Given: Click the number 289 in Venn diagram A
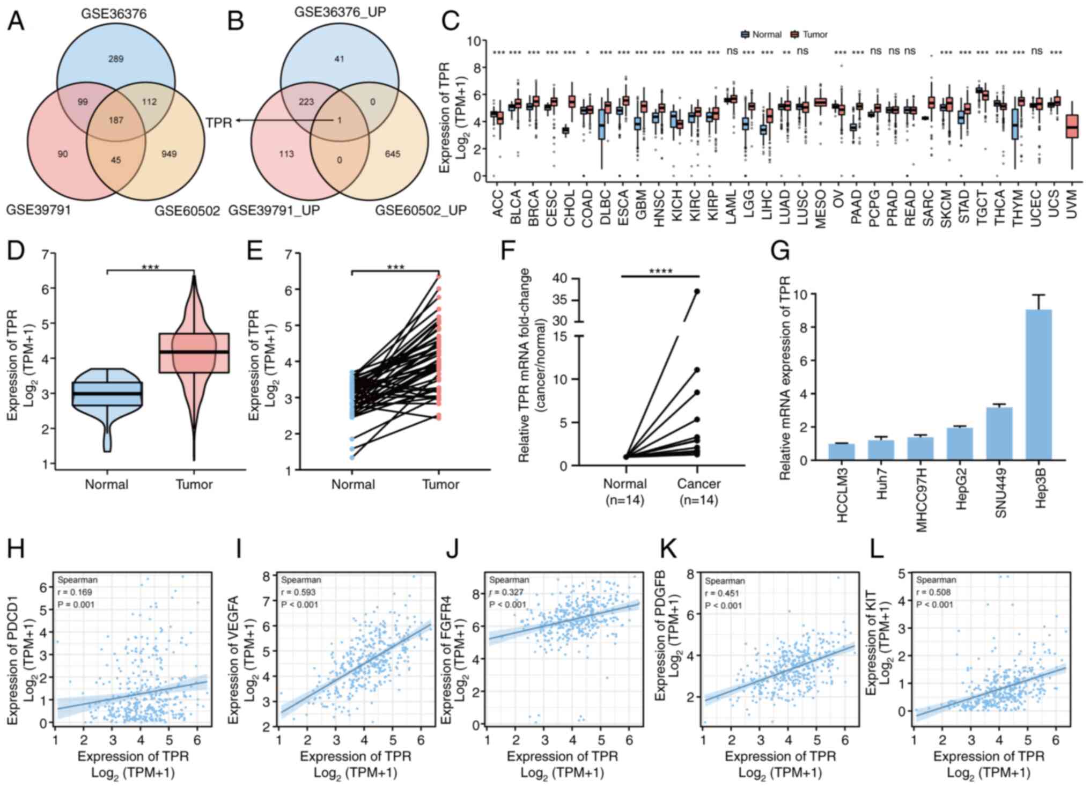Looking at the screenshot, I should click(116, 59).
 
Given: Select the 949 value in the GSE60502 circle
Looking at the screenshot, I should click(169, 154).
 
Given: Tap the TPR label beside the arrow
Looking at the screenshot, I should click(219, 123).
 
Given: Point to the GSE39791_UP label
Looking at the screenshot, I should click(274, 210).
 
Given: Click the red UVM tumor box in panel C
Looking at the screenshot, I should click(1072, 127).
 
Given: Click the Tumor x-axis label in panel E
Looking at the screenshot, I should click(440, 485).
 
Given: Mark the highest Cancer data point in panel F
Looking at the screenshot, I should click(697, 291).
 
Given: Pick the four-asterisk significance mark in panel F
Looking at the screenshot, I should click(660, 271).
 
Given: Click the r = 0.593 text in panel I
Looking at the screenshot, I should click(298, 592).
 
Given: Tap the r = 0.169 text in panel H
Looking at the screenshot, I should click(75, 592).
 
